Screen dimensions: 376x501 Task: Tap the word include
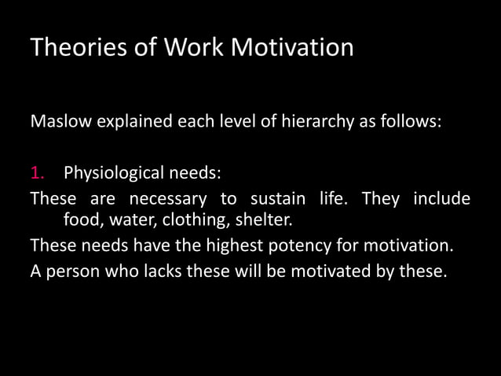tap(442, 197)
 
